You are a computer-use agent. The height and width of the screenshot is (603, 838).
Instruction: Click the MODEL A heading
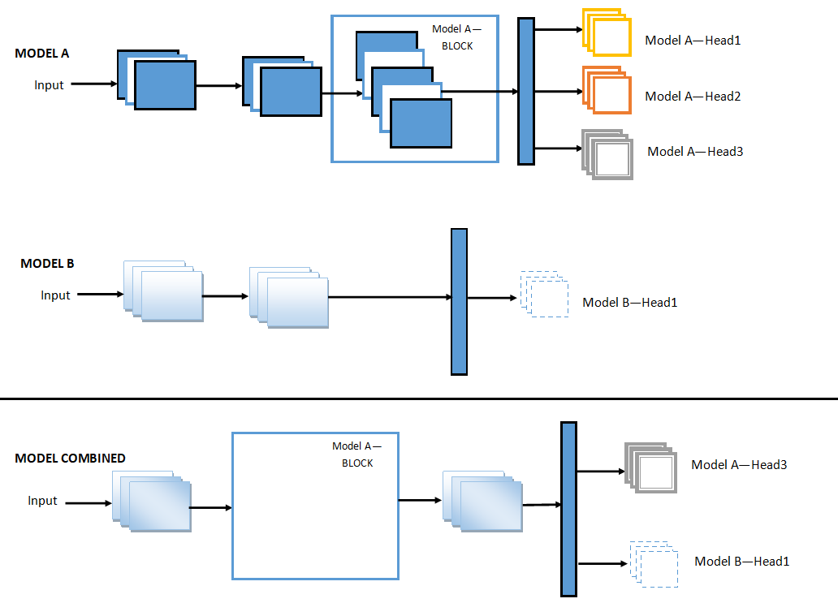(x=42, y=54)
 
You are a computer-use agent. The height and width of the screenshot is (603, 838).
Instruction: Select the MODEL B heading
(x=47, y=264)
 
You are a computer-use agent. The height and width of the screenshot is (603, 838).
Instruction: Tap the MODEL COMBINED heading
(x=70, y=459)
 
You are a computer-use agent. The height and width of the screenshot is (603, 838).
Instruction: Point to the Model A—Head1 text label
(x=693, y=40)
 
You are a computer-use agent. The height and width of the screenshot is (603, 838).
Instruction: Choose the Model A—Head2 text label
(x=693, y=97)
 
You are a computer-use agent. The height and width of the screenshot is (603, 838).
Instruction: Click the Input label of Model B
(x=55, y=295)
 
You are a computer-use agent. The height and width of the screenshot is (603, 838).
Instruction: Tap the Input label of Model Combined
(x=42, y=501)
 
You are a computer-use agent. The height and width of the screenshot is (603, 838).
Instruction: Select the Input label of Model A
(x=49, y=84)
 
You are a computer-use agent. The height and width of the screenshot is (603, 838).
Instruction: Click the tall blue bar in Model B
(x=459, y=302)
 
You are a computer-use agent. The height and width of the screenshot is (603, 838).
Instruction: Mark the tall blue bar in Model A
(x=526, y=91)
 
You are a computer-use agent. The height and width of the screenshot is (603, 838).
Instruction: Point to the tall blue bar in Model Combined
(x=568, y=509)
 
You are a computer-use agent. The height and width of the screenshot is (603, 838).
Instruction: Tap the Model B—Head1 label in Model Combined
(x=741, y=562)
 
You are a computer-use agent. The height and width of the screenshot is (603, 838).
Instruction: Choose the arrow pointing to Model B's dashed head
(x=492, y=298)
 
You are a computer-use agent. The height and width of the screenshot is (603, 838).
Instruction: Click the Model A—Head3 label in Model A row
(x=695, y=151)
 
